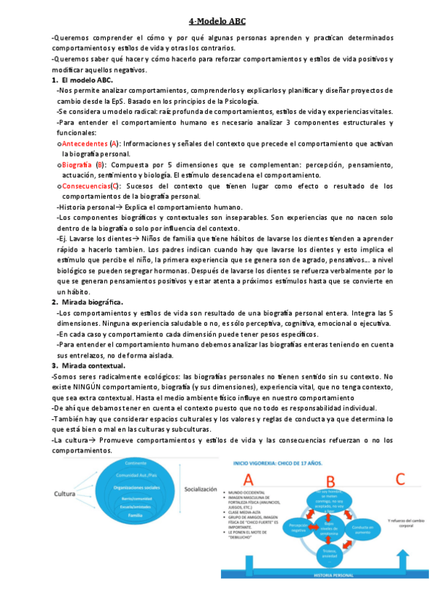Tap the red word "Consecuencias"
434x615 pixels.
(85, 186)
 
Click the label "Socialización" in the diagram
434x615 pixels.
(199, 490)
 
